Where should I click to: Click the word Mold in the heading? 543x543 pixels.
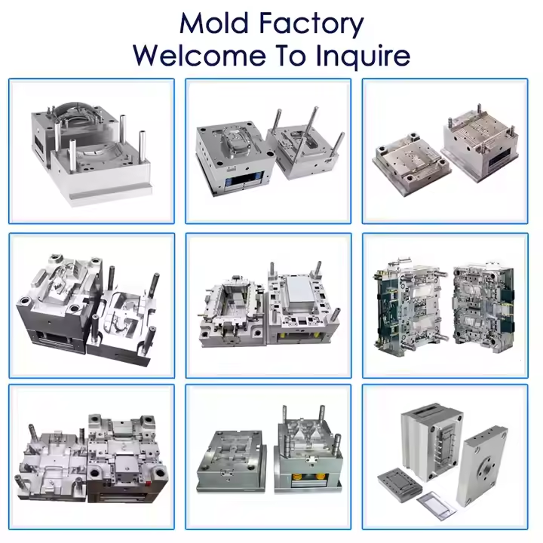point(216,24)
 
